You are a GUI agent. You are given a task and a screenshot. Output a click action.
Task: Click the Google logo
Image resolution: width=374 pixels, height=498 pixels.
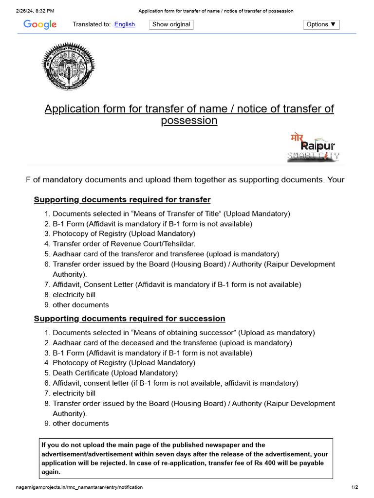40,24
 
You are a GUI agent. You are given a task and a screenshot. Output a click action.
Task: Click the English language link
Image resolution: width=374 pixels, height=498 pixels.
125,24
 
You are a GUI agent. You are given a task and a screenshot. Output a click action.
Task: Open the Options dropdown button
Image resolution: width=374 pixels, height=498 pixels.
321,24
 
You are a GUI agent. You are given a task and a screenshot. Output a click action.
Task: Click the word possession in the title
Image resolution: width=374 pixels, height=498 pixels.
189,121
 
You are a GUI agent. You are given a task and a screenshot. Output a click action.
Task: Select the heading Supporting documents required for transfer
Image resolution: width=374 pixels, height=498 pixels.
122,200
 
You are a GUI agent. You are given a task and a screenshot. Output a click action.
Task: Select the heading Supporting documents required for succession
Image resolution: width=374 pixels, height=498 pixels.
129,319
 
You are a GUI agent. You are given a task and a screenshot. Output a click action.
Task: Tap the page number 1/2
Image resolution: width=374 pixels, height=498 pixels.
355,487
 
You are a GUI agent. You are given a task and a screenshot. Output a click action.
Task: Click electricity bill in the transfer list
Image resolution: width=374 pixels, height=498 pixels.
74,295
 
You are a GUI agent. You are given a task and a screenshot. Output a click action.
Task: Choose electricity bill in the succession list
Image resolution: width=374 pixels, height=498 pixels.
74,393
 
